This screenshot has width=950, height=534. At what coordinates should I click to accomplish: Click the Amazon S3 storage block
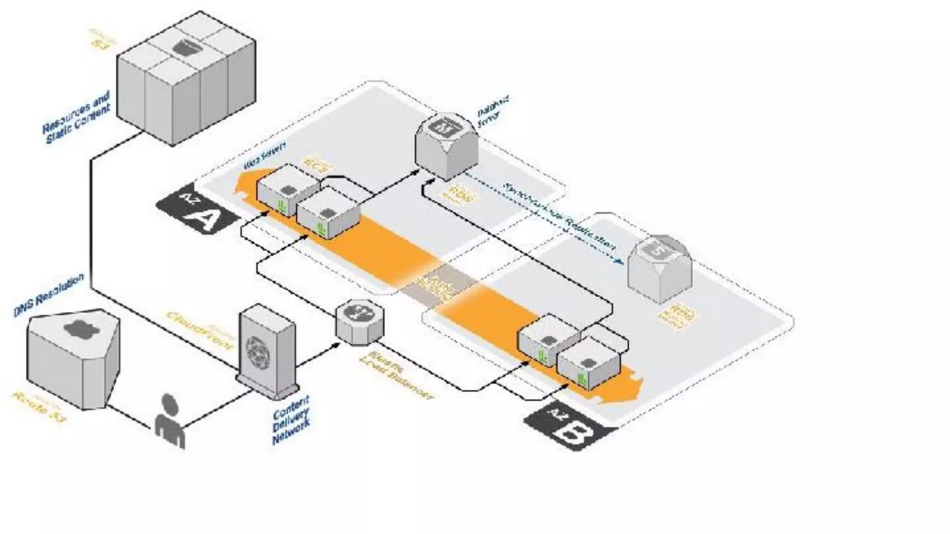point(186,79)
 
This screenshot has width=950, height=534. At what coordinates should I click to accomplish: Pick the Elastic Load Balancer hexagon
point(360,322)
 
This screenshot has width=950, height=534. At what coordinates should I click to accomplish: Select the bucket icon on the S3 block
point(186,47)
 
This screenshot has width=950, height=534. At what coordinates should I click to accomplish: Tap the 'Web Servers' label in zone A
point(264,156)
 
